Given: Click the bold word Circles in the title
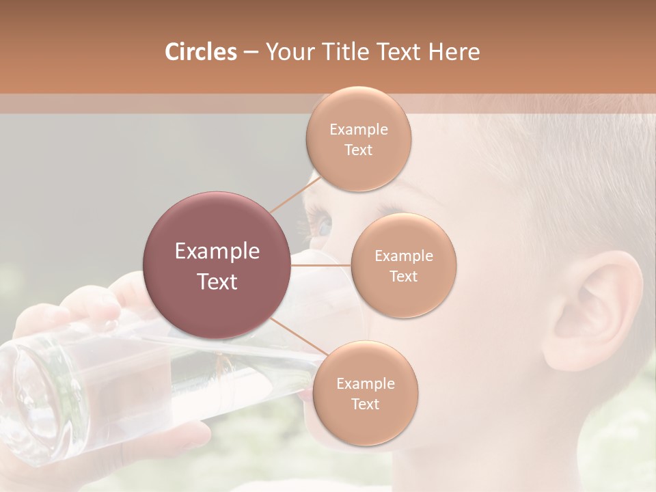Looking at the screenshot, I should click(201, 52).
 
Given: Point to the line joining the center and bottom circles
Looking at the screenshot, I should click(293, 335).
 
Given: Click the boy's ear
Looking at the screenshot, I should click(594, 307).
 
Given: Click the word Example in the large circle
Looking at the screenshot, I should click(217, 251).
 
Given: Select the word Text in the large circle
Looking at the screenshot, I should click(217, 282).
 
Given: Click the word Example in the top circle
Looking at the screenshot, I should click(359, 129).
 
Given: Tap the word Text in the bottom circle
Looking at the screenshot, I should click(366, 404).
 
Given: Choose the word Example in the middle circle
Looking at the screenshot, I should click(404, 256).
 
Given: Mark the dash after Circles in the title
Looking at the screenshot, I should click(251, 53).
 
